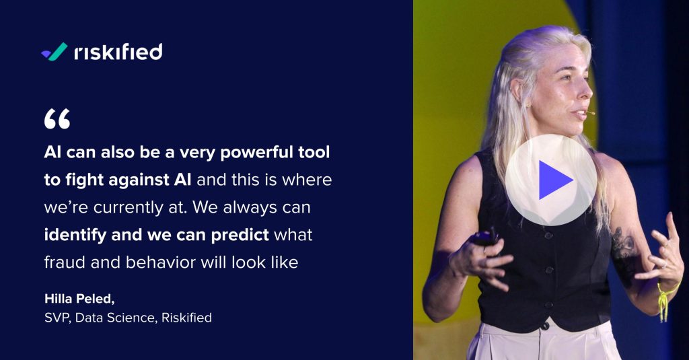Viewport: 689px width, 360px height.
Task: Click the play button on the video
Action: tap(551, 180)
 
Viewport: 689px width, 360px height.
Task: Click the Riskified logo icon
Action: tap(54, 52)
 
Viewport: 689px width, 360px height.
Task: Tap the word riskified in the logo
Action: tap(118, 52)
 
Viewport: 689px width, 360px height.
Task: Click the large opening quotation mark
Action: tap(57, 119)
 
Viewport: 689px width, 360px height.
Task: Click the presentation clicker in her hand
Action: tap(484, 237)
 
